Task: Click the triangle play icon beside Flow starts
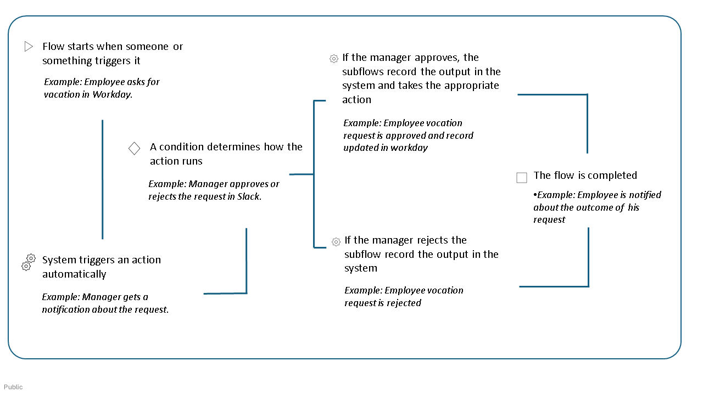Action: [x=29, y=47]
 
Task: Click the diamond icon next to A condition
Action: [x=134, y=148]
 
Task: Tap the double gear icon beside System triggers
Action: [x=28, y=262]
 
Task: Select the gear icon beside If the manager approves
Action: [x=333, y=59]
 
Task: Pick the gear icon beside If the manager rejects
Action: [x=336, y=241]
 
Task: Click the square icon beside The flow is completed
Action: [x=522, y=177]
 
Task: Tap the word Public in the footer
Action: [x=13, y=387]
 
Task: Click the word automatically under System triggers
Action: [x=74, y=274]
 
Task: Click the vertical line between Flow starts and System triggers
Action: [x=102, y=179]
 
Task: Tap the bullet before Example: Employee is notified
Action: [x=535, y=195]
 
